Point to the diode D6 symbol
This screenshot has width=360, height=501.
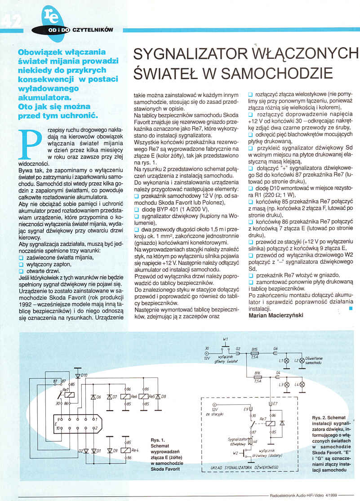93,397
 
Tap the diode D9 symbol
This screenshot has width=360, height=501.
109,450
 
